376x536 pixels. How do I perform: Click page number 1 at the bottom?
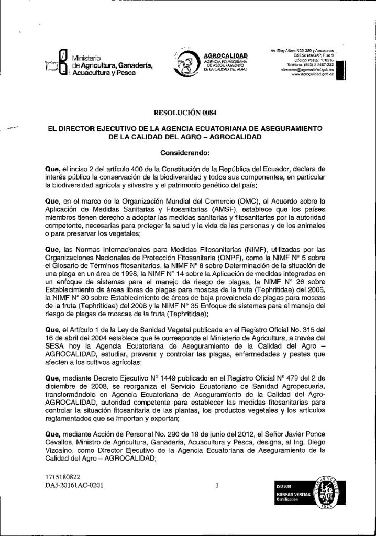coord(216,485)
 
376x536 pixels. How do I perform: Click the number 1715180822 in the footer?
coord(62,477)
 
